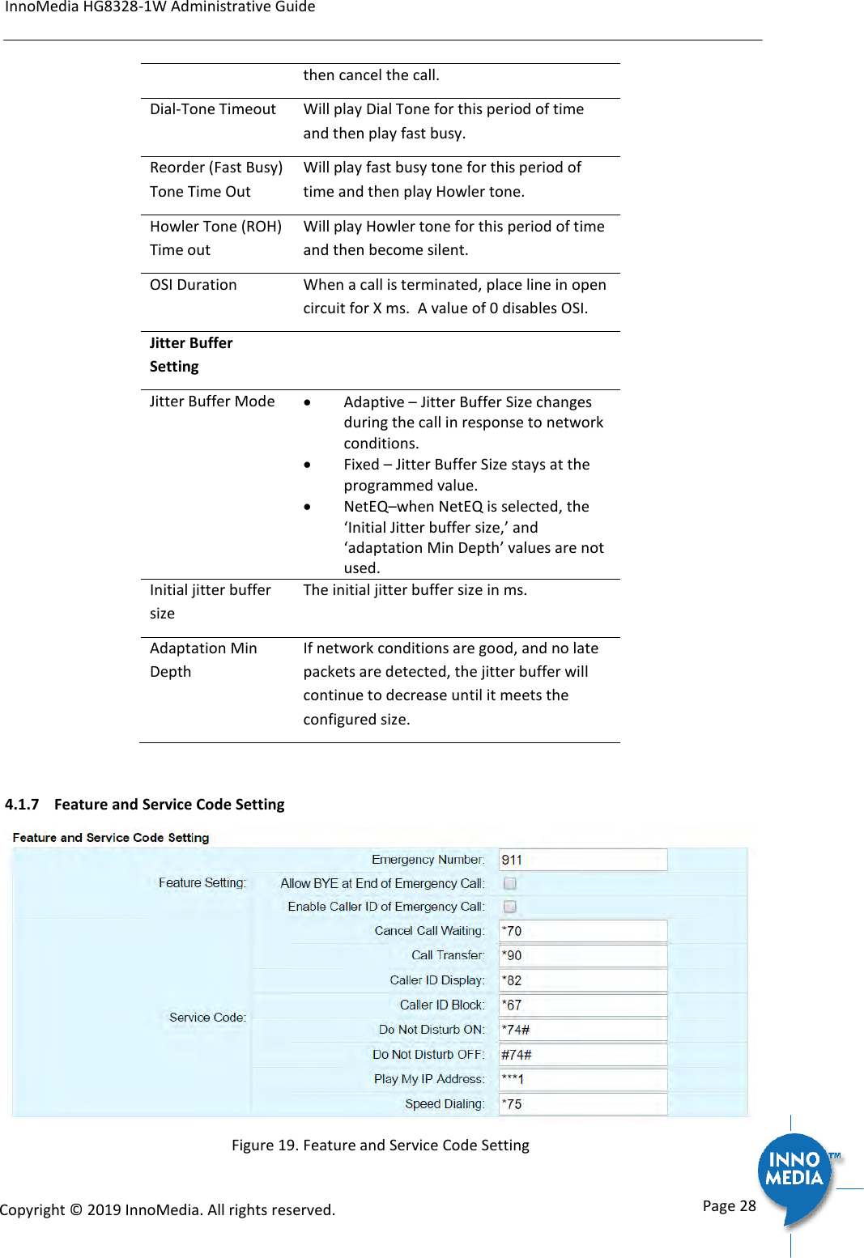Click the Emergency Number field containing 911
pos(583,860)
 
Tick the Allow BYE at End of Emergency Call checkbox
pos(510,883)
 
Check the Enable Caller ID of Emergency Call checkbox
pos(510,907)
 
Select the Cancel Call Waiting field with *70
pos(583,931)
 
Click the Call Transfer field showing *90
pos(583,955)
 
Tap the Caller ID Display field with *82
pos(583,980)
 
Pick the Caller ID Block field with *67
pos(583,1005)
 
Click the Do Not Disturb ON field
pos(583,1030)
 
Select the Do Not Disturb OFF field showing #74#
pos(583,1055)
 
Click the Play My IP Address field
pos(583,1079)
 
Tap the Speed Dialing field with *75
pos(583,1104)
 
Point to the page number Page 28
pos(729,1206)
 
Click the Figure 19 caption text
pos(380,1145)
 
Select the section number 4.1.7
pos(22,805)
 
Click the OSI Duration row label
pos(194,285)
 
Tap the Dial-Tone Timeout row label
pos(213,109)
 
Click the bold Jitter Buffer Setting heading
pos(191,355)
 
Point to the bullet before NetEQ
pos(308,508)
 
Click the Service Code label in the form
pos(207,1018)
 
